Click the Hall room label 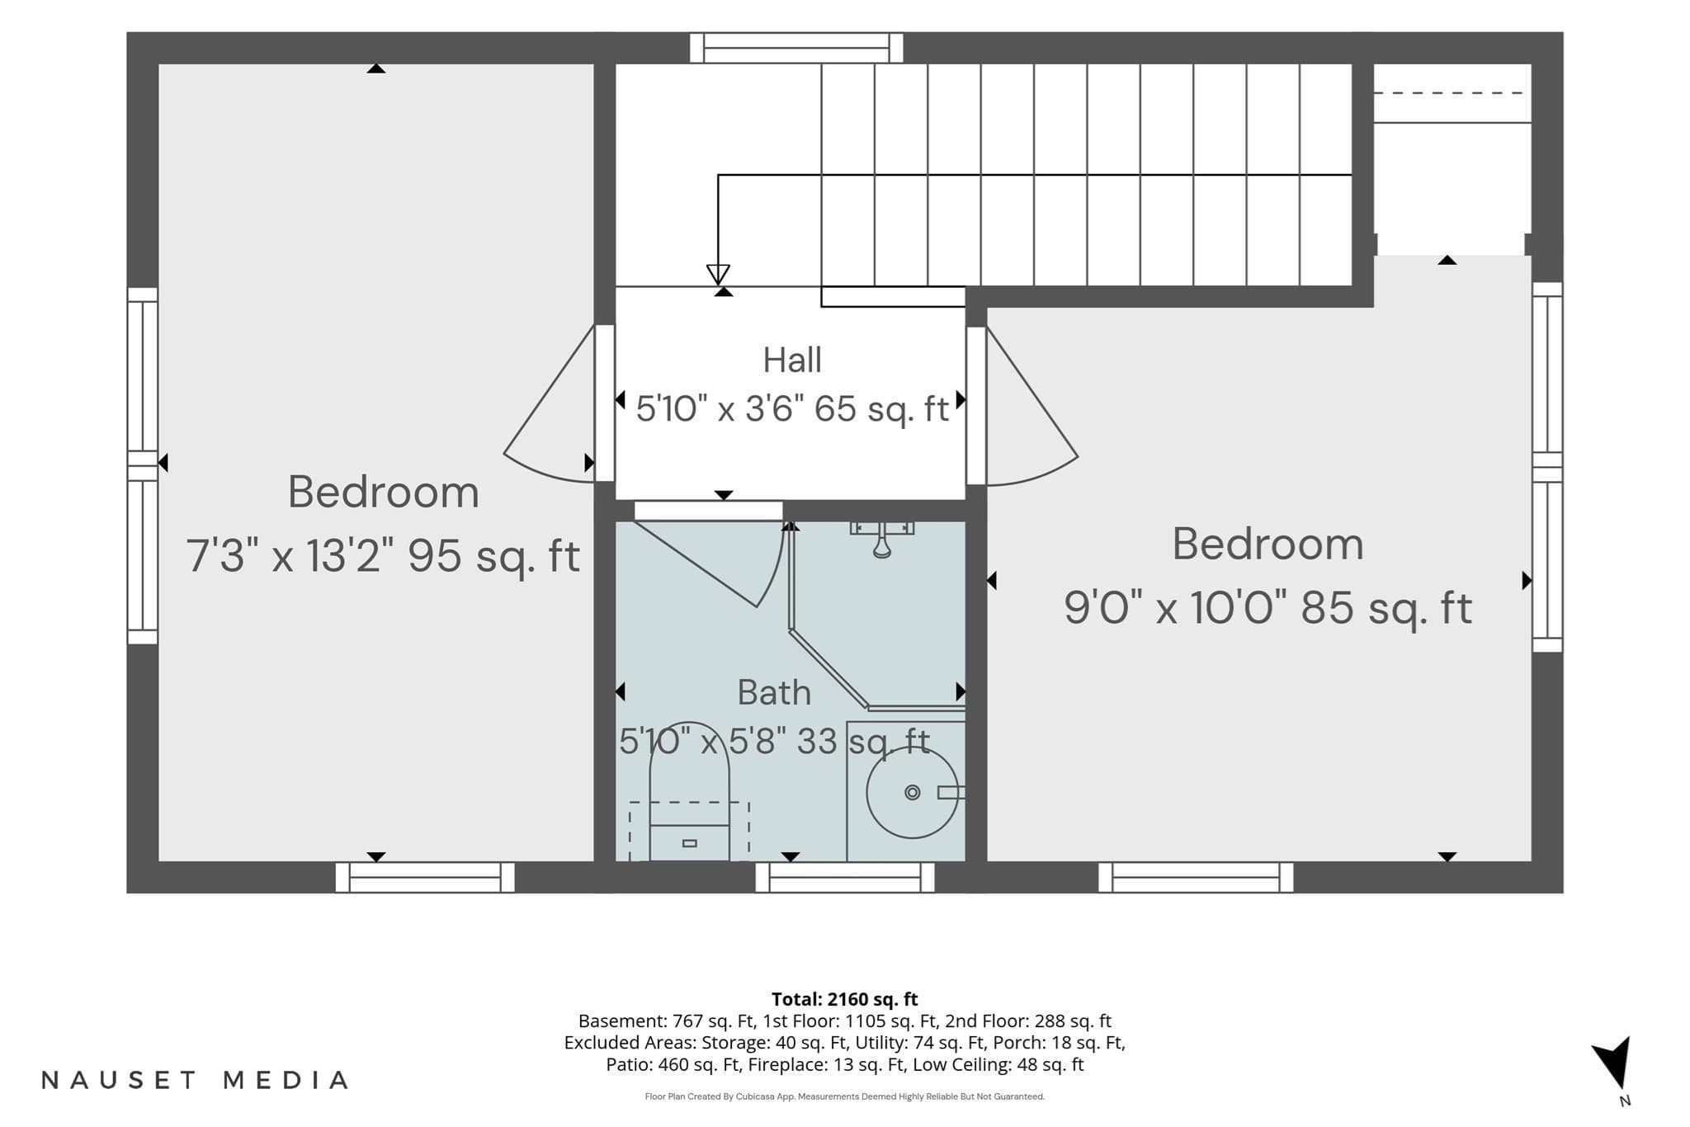(792, 361)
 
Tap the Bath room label (774, 693)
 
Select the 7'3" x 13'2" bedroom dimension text (383, 556)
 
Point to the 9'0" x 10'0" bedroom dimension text (1267, 609)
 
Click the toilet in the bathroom (689, 792)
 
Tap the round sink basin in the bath (912, 792)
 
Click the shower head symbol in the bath (882, 539)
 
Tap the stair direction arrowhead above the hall (718, 274)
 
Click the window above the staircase (796, 48)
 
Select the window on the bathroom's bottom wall (845, 877)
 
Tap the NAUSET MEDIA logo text (195, 1080)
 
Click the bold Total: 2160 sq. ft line (844, 999)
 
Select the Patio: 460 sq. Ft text (673, 1064)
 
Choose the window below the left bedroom (425, 877)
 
